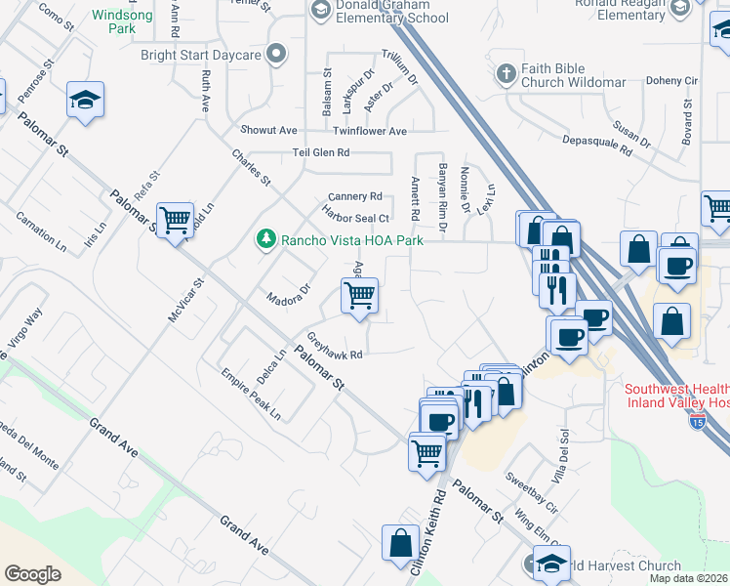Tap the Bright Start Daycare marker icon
[x=277, y=56]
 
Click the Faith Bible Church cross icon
[x=506, y=73]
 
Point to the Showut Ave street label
[x=268, y=130]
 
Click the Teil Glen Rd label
[x=321, y=153]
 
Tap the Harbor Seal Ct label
[x=357, y=218]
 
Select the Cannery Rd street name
[x=354, y=196]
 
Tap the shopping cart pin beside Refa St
[x=175, y=221]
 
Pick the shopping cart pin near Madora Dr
[x=360, y=294]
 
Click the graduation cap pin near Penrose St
[x=86, y=100]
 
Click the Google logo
[x=32, y=574]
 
